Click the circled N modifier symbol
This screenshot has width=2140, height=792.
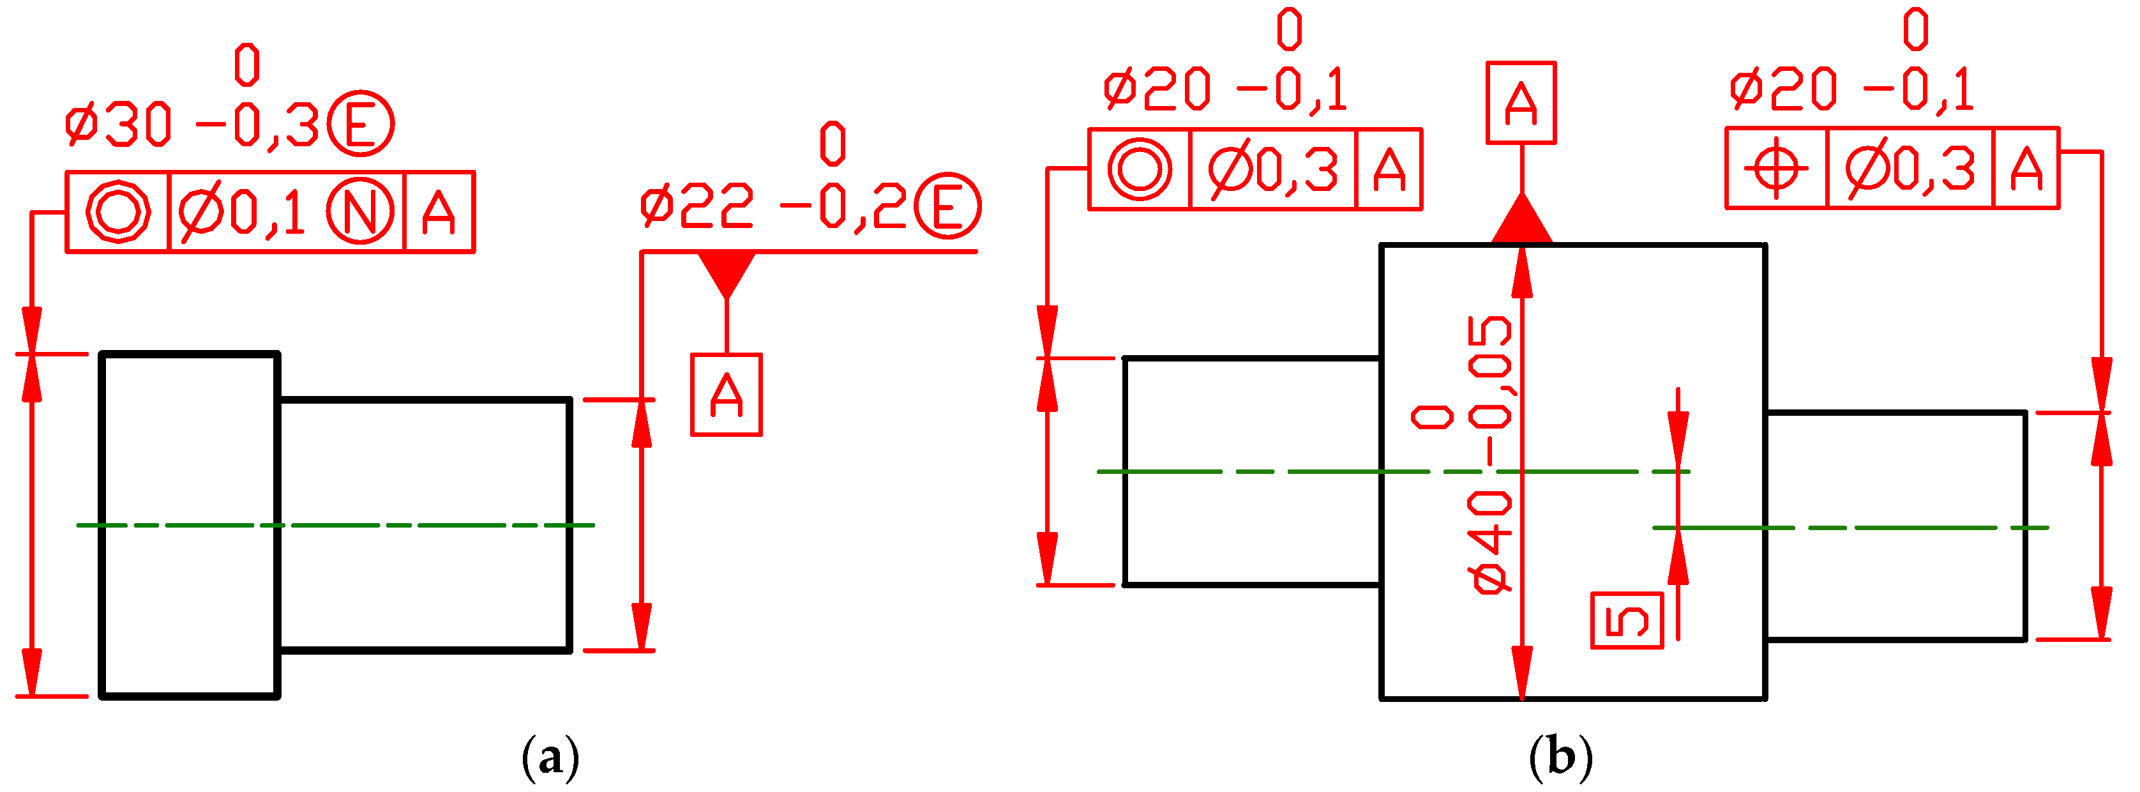pos(359,212)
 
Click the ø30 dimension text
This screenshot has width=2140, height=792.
pos(118,125)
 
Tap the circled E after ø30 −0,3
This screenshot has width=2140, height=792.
pos(361,124)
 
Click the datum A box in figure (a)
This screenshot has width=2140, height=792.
pos(726,395)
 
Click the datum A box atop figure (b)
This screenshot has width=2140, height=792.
pos(1520,103)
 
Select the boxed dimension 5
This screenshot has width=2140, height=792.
pos(1627,620)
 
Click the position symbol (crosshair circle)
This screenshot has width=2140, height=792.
pos(1776,169)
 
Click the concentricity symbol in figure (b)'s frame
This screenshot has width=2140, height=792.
pos(1140,169)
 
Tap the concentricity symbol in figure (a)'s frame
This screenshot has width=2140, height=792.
pos(118,212)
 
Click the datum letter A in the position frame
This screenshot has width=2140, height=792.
pos(2026,169)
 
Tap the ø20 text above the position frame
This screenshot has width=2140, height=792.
pos(1782,90)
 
